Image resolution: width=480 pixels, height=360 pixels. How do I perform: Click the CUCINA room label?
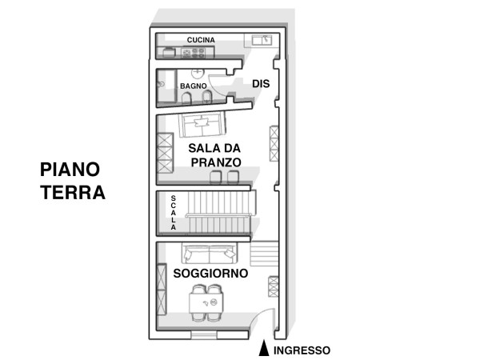(x=201, y=40)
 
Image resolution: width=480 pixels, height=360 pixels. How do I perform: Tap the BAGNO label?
(x=193, y=86)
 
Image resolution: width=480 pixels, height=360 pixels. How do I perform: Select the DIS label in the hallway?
(x=261, y=83)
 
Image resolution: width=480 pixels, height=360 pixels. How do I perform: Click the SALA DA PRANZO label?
(x=214, y=155)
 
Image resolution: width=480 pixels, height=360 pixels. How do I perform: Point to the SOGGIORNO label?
(x=210, y=273)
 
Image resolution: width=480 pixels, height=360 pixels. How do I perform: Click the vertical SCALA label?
(x=174, y=213)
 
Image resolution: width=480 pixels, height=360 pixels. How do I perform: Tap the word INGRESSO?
(x=302, y=350)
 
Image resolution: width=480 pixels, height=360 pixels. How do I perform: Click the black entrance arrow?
(x=263, y=348)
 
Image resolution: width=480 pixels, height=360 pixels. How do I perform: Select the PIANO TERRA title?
(x=73, y=181)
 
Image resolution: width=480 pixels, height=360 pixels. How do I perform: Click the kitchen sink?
(x=262, y=40)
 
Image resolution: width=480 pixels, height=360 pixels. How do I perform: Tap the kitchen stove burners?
(x=194, y=53)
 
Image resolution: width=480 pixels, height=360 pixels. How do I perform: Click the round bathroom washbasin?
(x=198, y=73)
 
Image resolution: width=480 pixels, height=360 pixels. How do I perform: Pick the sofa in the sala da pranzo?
(x=202, y=125)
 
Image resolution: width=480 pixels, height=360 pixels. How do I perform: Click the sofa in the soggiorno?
(x=210, y=253)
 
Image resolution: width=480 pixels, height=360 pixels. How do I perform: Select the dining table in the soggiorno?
(x=206, y=302)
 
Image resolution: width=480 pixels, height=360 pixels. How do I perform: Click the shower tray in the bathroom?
(x=166, y=86)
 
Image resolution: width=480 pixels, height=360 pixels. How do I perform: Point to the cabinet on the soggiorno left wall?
(x=162, y=290)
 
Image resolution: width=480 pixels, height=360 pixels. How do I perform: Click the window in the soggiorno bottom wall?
(x=204, y=335)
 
